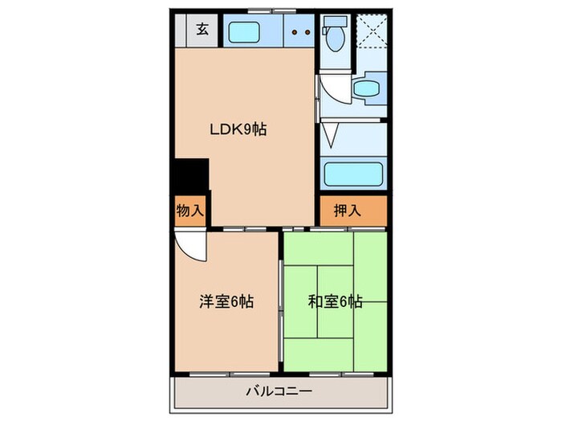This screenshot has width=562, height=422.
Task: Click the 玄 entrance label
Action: (x=203, y=31)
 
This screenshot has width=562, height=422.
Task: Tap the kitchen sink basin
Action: (x=248, y=32)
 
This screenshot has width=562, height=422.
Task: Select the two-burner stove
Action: (x=301, y=32)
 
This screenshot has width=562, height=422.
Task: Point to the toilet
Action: (x=334, y=35)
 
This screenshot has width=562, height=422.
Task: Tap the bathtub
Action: (x=352, y=174)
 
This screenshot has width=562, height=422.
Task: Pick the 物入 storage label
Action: (x=189, y=211)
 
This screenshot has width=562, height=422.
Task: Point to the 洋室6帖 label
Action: (x=227, y=302)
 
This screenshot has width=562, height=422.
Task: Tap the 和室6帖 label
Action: (x=336, y=302)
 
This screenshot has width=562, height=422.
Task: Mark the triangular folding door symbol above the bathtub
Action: (x=334, y=135)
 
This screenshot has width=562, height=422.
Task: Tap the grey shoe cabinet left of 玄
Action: (x=181, y=31)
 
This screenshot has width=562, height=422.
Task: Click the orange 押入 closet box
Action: (x=352, y=211)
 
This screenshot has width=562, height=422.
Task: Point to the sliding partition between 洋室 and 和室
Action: (x=280, y=301)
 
